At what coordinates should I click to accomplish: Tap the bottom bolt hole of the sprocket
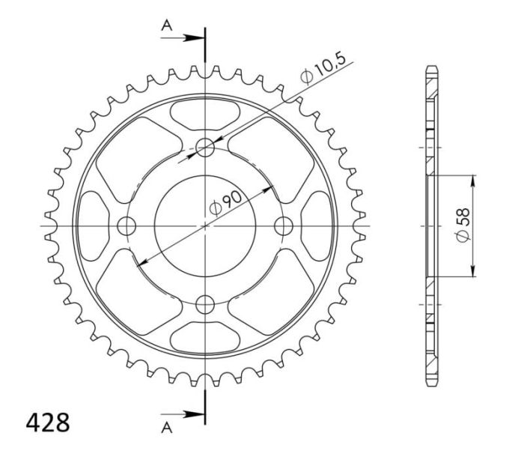pyautogui.click(x=205, y=303)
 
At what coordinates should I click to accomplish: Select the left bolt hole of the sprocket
pyautogui.click(x=127, y=225)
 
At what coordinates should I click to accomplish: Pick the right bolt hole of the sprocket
pyautogui.click(x=284, y=225)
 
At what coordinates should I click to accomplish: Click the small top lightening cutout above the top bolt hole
pyautogui.click(x=205, y=112)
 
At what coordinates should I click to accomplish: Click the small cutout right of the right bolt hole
pyautogui.click(x=317, y=225)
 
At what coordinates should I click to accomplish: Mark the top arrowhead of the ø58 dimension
pyautogui.click(x=473, y=179)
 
